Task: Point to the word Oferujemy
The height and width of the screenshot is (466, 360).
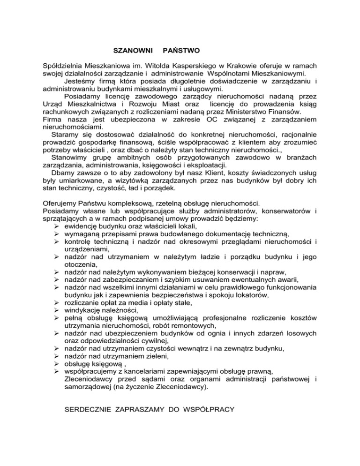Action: pyautogui.click(x=57, y=204)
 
